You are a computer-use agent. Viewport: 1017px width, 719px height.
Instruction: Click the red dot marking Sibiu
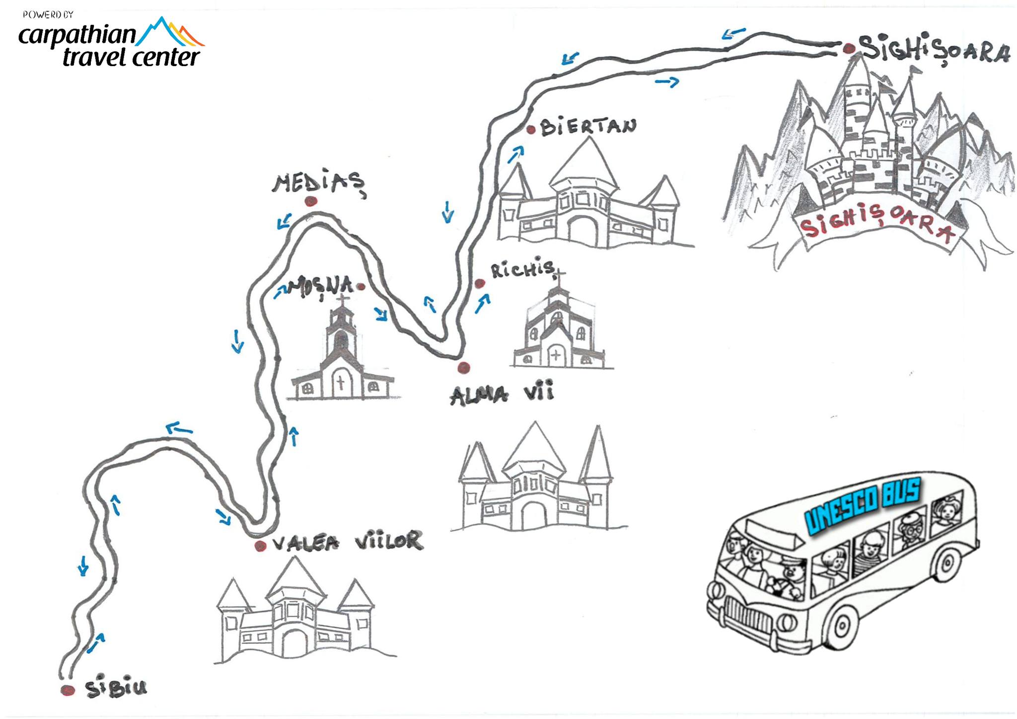(68, 690)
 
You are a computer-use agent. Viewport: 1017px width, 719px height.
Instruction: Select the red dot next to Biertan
(531, 130)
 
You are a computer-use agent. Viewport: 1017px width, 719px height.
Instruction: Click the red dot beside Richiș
(480, 284)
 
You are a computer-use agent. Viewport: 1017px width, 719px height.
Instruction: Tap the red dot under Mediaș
(311, 201)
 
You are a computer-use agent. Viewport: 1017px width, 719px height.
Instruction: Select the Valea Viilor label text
(348, 543)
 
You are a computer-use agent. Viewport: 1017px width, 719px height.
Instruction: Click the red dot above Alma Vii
(464, 367)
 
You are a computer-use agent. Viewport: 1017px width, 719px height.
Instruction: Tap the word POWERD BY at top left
(48, 15)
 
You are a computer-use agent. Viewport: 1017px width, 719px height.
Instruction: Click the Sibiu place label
(116, 688)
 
